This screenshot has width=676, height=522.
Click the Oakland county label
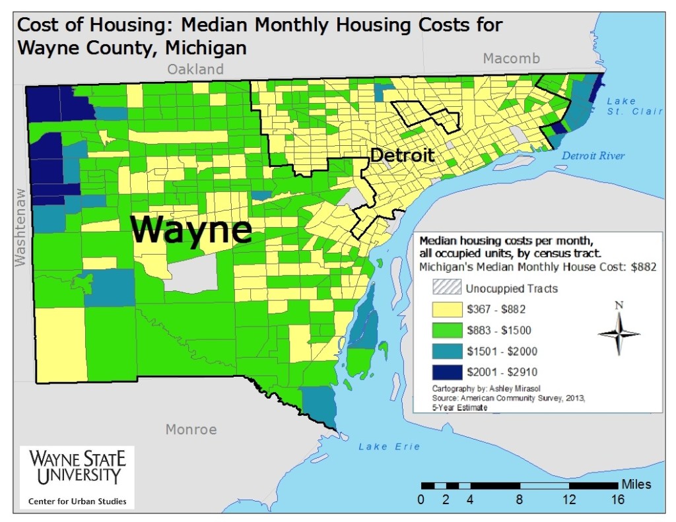195,69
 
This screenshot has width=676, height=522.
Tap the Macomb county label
511,59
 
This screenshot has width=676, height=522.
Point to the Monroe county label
191,430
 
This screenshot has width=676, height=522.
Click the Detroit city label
402,156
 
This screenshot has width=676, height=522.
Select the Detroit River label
593,156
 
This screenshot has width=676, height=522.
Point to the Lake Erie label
389,447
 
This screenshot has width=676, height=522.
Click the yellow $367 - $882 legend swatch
446,309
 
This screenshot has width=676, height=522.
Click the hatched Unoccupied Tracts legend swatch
446,288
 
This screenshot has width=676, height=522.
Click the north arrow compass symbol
619,332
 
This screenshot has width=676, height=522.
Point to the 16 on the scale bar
618,500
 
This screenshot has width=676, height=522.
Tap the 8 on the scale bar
520,500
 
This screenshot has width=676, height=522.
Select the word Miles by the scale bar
636,484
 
